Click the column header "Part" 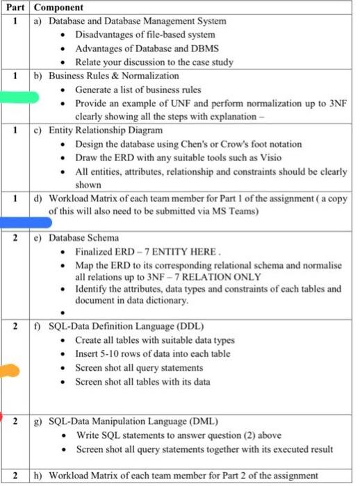click(15, 8)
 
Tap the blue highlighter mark click(26, 222)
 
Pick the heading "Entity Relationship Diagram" click(106, 130)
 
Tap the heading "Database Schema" click(83, 238)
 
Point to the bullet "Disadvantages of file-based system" click(145, 34)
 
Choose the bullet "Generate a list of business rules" click(138, 90)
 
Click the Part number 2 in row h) click(15, 476)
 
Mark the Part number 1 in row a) click(15, 21)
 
